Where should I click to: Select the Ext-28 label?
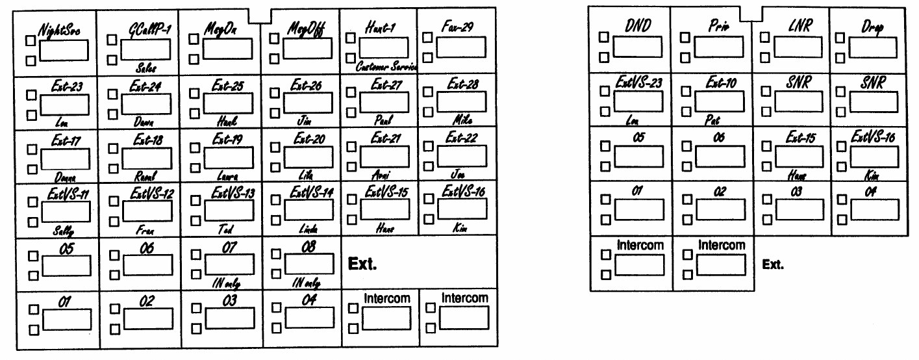[462, 85]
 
